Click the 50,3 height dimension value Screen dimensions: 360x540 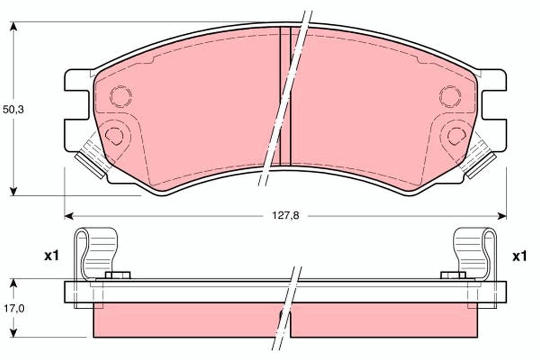(x=13, y=109)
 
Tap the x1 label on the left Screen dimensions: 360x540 (x=51, y=256)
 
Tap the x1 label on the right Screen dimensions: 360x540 (x=519, y=256)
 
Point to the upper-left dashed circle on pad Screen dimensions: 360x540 (x=121, y=97)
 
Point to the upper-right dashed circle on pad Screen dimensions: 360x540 (x=450, y=97)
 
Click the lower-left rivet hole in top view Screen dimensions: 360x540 (x=114, y=135)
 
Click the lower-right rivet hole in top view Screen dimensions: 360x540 (x=456, y=135)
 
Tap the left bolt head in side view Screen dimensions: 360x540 (x=117, y=275)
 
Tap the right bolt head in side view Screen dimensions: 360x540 (x=453, y=275)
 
